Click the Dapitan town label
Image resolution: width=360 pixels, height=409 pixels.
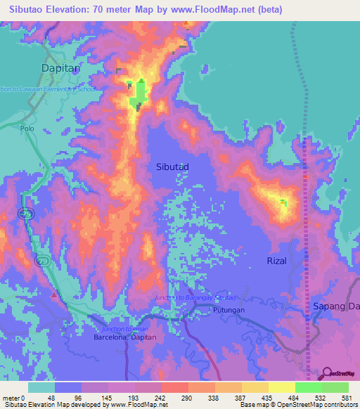point(60,67)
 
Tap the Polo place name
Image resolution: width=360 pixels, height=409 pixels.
point(27,129)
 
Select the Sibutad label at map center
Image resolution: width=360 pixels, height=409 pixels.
point(172,167)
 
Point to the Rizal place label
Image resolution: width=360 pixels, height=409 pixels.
point(278,261)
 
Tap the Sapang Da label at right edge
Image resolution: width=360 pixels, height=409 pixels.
point(336,306)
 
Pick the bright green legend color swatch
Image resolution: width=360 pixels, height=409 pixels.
point(309,387)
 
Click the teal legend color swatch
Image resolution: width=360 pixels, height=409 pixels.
point(41,387)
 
